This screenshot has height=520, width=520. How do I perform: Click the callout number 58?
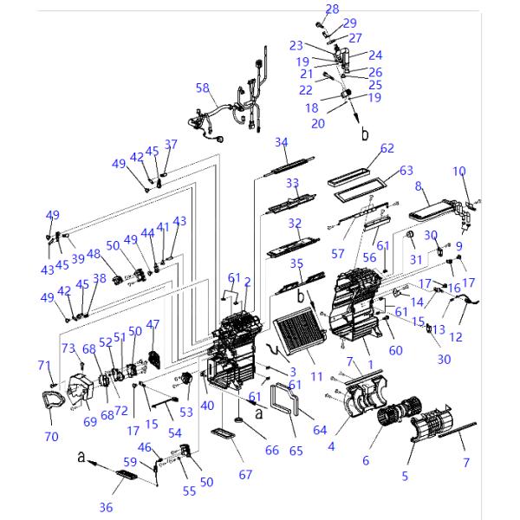(203, 88)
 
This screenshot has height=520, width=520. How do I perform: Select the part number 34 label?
(281, 142)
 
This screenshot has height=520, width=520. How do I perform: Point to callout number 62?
(387, 148)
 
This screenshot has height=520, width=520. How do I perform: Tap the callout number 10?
(459, 171)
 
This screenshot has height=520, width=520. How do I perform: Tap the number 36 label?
(107, 508)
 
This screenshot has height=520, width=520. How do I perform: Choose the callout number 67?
(245, 474)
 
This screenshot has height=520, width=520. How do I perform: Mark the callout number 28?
(332, 9)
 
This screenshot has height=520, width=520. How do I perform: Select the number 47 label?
(153, 324)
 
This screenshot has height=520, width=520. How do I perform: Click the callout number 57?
(337, 254)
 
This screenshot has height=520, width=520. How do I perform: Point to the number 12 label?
(457, 336)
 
